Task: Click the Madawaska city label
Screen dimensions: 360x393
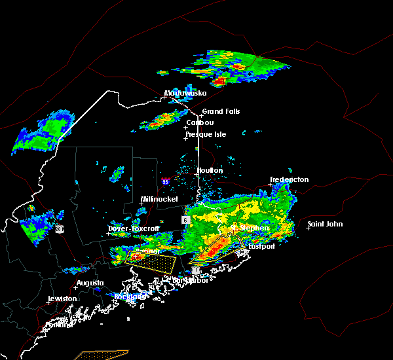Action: point(185,94)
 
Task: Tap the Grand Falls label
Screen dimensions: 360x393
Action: point(221,111)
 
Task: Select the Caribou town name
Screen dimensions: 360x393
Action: point(200,122)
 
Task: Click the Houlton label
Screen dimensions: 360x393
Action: point(210,170)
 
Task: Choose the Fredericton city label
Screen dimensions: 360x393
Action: point(291,179)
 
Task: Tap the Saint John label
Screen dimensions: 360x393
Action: point(326,224)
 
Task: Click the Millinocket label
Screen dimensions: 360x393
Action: point(160,199)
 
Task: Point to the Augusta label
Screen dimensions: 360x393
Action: point(90,283)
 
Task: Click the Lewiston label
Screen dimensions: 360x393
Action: point(62,298)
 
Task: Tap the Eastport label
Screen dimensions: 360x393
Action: point(261,246)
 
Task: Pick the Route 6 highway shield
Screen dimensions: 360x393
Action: point(186,220)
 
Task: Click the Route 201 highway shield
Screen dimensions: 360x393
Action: point(59,228)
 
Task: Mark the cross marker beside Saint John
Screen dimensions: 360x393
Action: point(309,228)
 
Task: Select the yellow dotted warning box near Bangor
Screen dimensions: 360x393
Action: point(151,262)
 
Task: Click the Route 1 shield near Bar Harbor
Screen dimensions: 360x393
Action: point(195,270)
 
